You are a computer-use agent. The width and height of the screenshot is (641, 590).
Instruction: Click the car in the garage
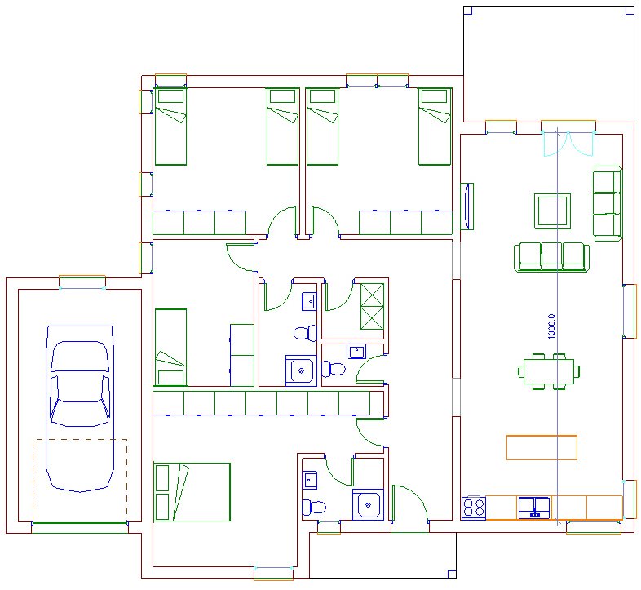[x=80, y=409]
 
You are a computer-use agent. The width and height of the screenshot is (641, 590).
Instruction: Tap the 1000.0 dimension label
[x=551, y=326]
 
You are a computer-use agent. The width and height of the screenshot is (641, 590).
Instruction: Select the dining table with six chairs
[x=549, y=371]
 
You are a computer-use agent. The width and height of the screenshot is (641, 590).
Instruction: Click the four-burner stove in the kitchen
[x=473, y=508]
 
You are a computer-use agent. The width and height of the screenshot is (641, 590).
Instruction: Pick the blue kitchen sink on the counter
[x=534, y=508]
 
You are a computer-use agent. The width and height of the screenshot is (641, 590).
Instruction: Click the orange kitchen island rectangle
[x=542, y=448]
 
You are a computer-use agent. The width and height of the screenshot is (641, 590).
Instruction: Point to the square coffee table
[x=552, y=211]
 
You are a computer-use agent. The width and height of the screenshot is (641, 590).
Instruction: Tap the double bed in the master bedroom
[x=192, y=492]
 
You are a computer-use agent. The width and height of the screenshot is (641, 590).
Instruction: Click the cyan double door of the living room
[x=568, y=144]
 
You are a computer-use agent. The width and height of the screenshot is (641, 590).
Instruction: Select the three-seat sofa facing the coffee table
[x=551, y=256]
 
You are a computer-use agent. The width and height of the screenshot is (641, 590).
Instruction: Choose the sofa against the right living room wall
[x=608, y=203]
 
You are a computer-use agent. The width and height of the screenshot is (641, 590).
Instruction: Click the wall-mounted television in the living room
[x=467, y=206]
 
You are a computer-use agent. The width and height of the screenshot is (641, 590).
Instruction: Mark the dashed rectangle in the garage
[x=80, y=481]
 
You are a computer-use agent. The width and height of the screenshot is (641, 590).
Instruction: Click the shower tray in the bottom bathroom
[x=368, y=504]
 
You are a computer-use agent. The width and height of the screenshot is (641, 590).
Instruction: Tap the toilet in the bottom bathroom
[x=314, y=508]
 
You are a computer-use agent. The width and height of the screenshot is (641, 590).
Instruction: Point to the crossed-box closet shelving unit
[x=372, y=307]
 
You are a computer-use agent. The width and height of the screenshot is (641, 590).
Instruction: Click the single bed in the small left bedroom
[x=170, y=347]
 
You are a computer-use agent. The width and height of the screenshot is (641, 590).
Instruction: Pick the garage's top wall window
[x=82, y=282]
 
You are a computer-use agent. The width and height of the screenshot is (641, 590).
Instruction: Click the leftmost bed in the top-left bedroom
[x=170, y=126]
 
